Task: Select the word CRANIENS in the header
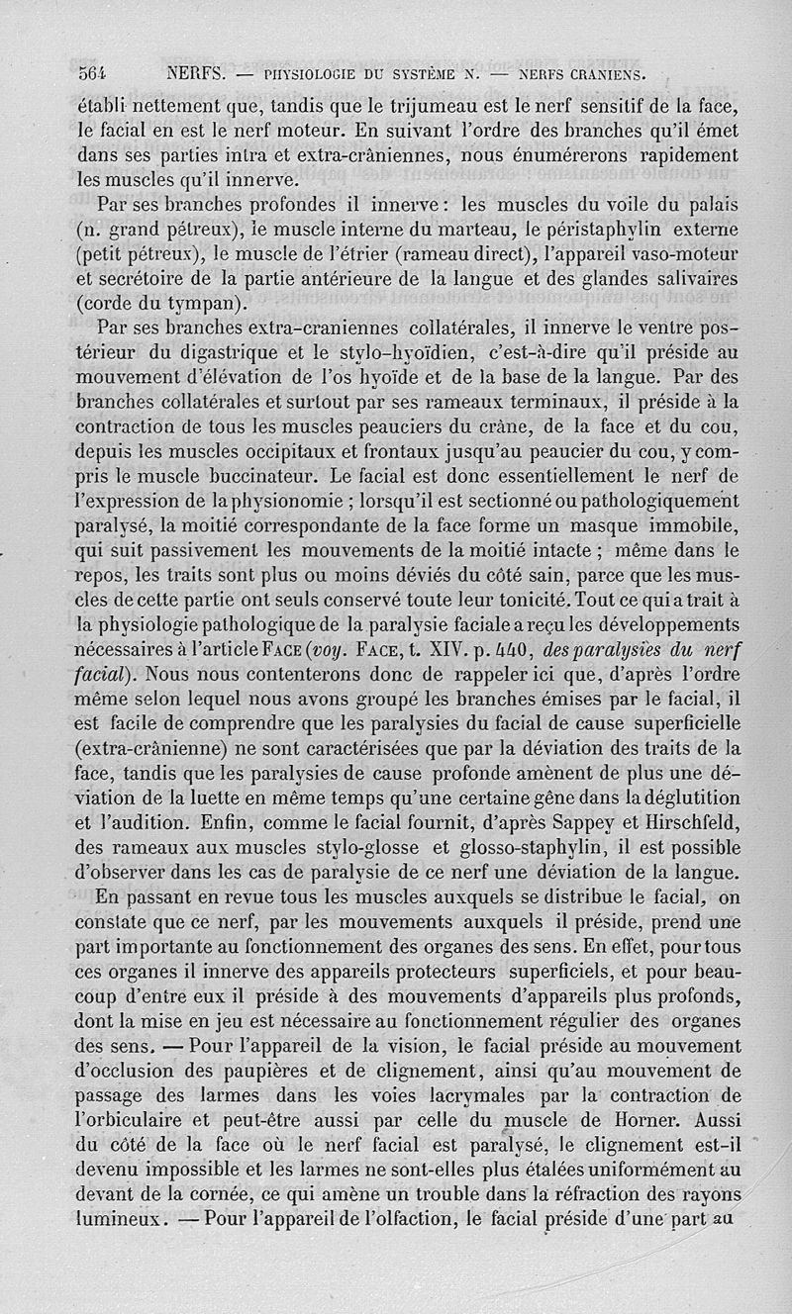(x=607, y=73)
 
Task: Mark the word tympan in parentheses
(x=202, y=302)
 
